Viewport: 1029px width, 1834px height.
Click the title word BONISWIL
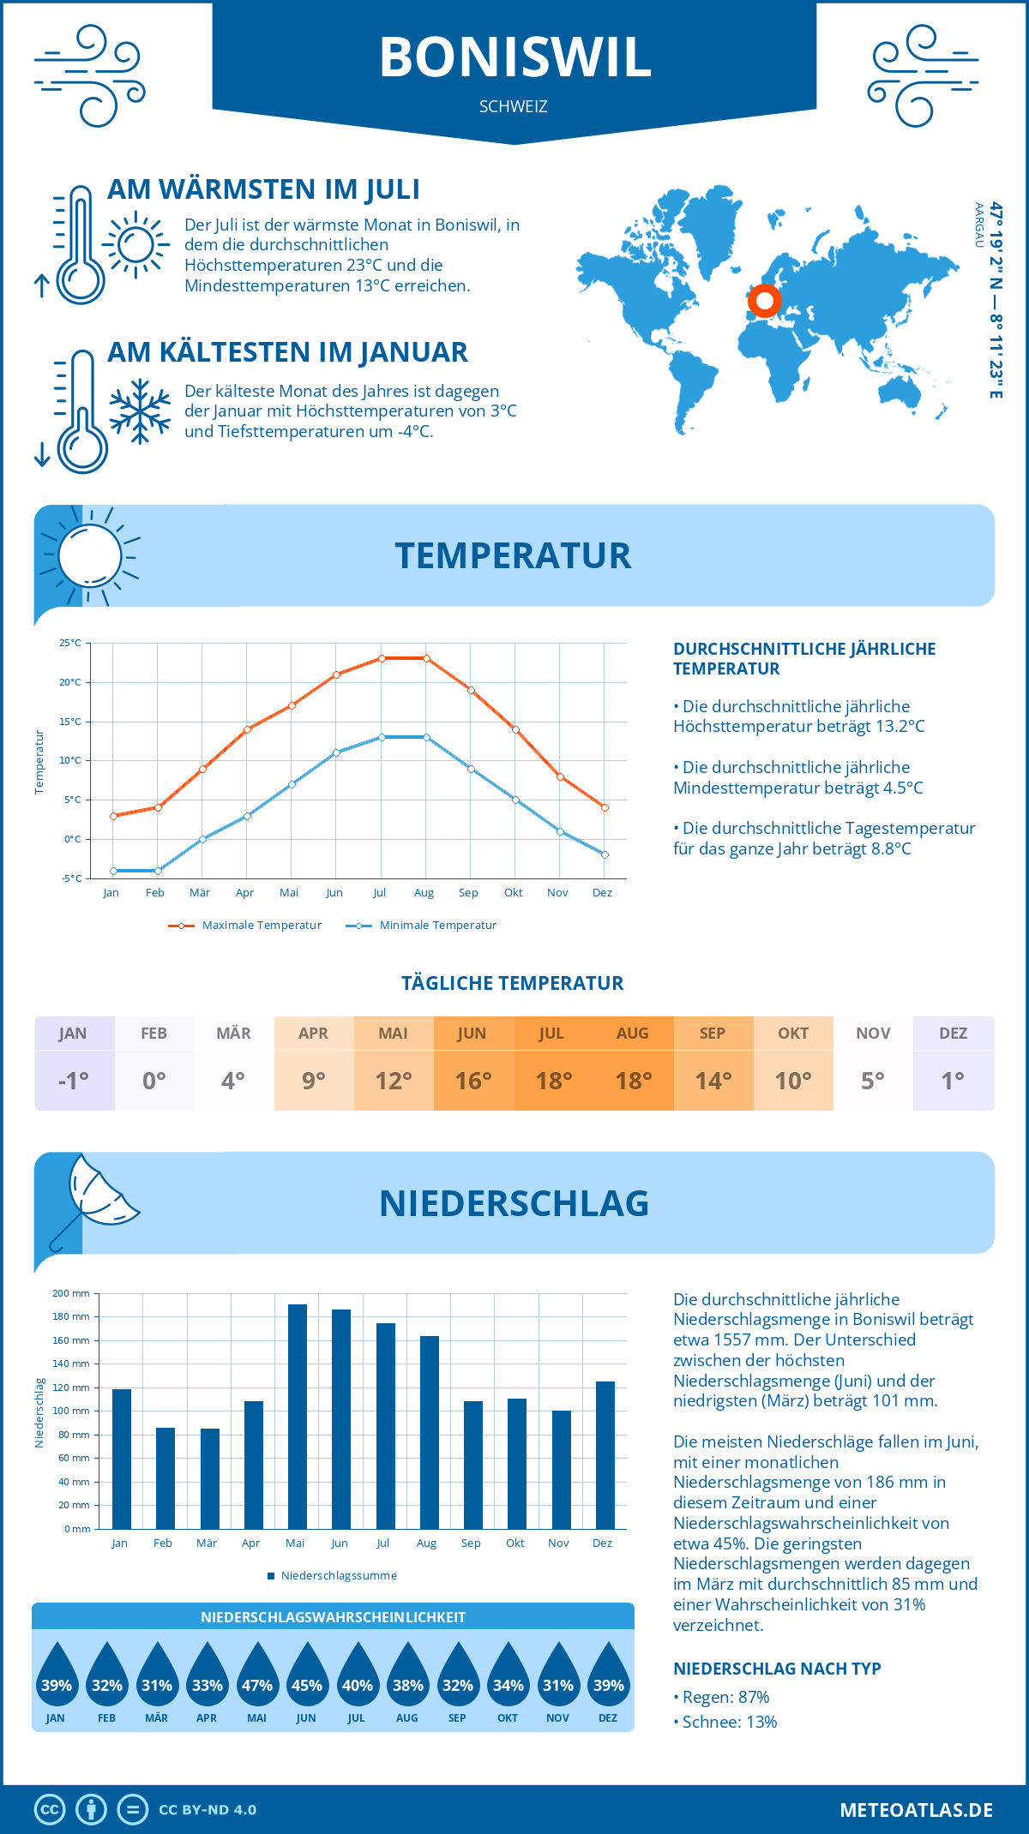(515, 57)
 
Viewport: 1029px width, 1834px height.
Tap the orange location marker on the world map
(764, 301)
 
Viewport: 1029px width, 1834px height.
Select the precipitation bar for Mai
(298, 1416)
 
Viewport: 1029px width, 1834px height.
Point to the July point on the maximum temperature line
(382, 658)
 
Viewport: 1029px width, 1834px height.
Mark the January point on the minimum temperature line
(113, 871)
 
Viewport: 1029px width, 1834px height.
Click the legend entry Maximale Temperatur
(245, 926)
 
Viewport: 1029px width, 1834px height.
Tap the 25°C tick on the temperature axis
(70, 643)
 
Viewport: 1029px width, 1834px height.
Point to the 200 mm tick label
(71, 1293)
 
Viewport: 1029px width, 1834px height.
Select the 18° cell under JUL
(553, 1081)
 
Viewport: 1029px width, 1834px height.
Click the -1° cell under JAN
(74, 1081)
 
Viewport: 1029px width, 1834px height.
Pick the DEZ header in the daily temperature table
(953, 1034)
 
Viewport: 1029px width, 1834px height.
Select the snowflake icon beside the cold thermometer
(140, 411)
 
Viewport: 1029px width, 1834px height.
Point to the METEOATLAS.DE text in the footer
(916, 1810)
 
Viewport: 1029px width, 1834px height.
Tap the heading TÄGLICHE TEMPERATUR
(513, 983)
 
